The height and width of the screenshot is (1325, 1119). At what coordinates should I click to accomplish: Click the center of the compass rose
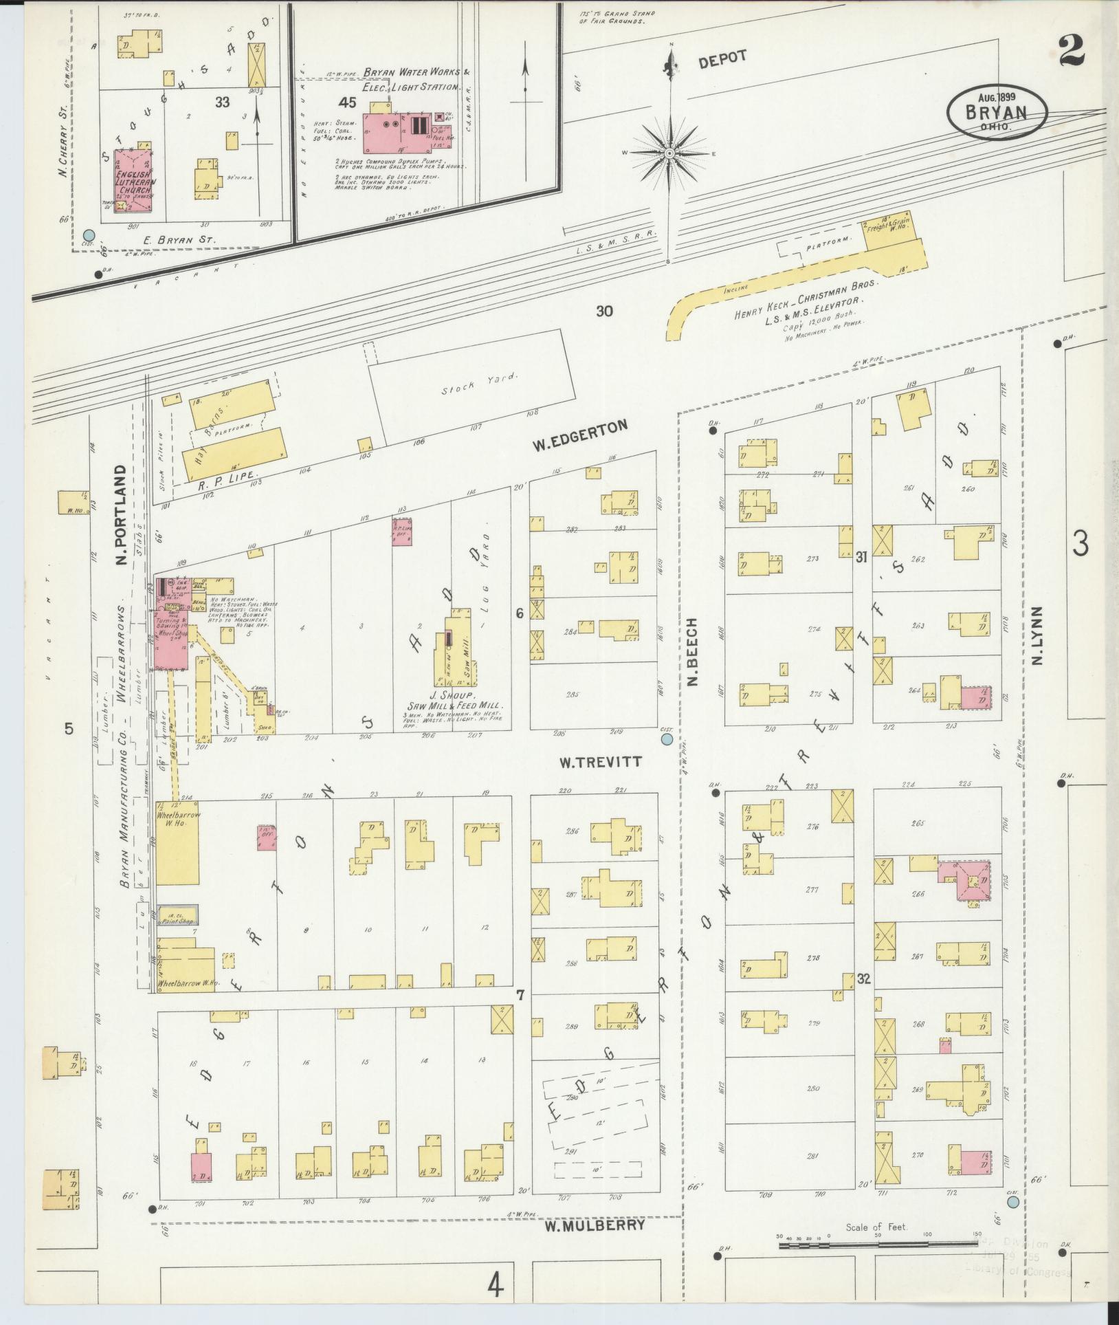pyautogui.click(x=669, y=153)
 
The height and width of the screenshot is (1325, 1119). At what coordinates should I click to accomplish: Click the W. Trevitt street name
pyautogui.click(x=599, y=762)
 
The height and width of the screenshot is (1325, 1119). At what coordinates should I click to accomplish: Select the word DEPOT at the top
pyautogui.click(x=722, y=59)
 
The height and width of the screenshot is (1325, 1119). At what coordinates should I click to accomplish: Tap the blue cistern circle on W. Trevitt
pyautogui.click(x=666, y=739)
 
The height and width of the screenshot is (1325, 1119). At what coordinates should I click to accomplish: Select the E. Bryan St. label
pyautogui.click(x=180, y=241)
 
